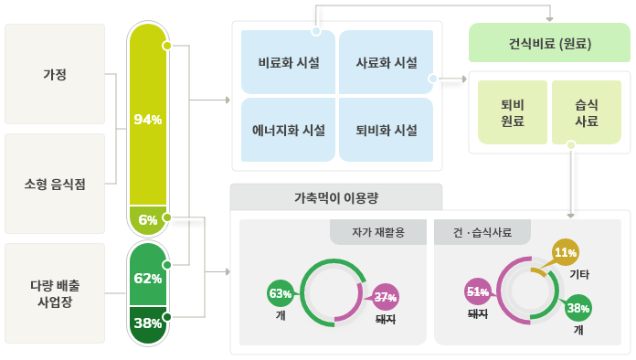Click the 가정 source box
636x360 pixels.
(55, 74)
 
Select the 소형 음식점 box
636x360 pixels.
(55, 184)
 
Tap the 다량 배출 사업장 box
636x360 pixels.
(55, 293)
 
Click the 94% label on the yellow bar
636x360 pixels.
(148, 119)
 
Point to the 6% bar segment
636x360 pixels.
(148, 219)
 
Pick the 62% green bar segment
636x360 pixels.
(148, 275)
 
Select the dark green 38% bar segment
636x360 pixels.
(148, 324)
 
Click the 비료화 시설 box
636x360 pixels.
(289, 62)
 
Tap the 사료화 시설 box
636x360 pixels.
(387, 62)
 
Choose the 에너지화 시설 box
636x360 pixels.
(289, 130)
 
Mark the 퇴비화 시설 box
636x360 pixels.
(387, 130)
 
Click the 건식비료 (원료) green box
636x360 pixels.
(549, 43)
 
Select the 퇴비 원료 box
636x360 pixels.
(513, 112)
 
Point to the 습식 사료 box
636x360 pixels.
(587, 112)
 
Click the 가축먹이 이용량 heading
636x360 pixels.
(336, 198)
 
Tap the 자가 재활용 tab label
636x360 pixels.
(378, 232)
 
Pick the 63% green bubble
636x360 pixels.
(281, 293)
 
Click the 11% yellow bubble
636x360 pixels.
(566, 252)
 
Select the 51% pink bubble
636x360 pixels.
(478, 291)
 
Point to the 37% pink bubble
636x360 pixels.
(386, 297)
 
